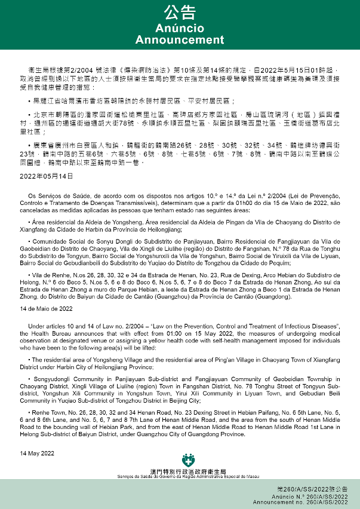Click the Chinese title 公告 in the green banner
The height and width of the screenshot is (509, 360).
point(180,13)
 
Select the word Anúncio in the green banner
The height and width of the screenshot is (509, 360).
point(180,29)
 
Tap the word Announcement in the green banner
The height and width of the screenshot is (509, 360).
point(180,40)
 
